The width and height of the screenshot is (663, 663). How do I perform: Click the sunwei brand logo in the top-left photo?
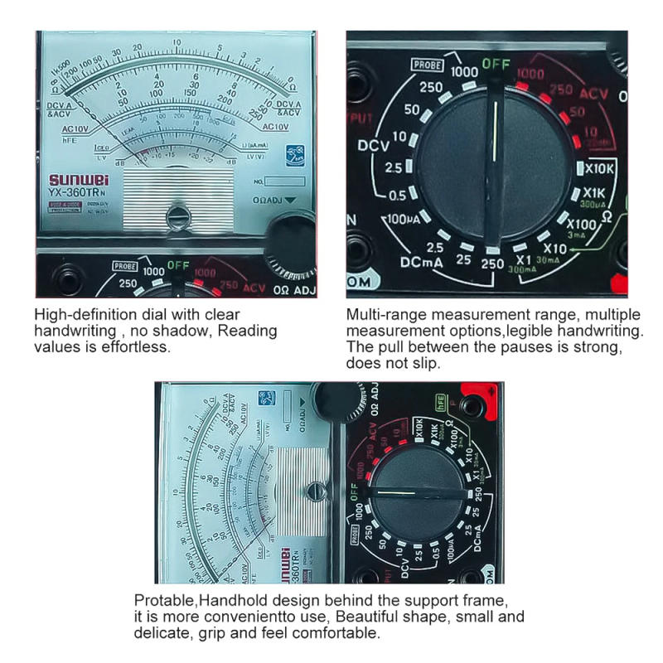[x=76, y=179]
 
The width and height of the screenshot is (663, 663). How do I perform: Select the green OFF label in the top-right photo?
[x=496, y=64]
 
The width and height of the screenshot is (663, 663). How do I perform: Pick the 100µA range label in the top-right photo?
[x=403, y=221]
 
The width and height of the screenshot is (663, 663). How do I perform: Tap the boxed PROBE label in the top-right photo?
[x=427, y=65]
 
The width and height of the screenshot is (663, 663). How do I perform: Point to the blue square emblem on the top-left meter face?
[x=294, y=153]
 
